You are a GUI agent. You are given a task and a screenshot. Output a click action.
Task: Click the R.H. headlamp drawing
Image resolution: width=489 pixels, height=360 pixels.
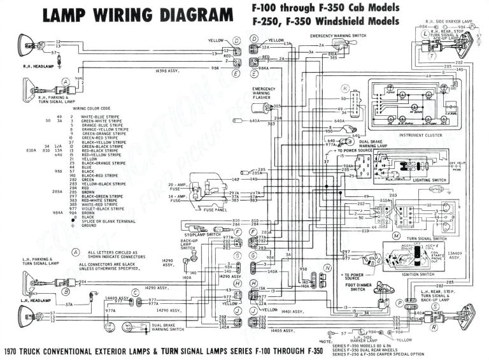click(x=26, y=45)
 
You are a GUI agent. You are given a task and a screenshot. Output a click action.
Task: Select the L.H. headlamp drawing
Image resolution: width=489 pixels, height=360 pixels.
click(x=27, y=315)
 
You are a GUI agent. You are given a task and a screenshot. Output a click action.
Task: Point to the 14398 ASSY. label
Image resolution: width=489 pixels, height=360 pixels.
click(x=166, y=71)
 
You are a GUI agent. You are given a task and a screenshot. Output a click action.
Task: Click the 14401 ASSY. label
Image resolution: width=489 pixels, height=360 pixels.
click(x=292, y=312)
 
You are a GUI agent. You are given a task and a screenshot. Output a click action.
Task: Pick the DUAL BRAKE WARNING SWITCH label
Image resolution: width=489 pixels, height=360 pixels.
click(x=168, y=328)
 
